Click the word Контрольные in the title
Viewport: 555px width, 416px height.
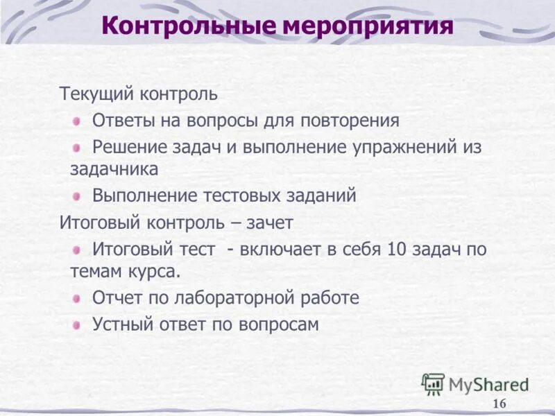[189, 27]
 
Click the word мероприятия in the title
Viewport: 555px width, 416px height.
[368, 28]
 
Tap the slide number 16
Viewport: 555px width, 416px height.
[499, 404]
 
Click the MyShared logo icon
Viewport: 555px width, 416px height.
[433, 383]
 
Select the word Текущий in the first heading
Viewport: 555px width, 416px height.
[97, 93]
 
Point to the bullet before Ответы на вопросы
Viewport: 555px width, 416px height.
[78, 121]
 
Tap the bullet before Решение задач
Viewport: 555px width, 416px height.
[78, 148]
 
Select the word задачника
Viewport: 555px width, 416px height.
[114, 168]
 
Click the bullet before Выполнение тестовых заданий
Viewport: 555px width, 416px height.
[78, 196]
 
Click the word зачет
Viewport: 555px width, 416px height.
[268, 223]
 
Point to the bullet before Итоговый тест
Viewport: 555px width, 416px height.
[78, 250]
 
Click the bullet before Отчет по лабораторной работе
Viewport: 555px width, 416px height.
[78, 298]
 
